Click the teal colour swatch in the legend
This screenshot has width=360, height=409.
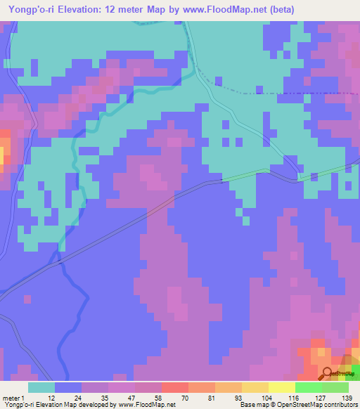coord(41,387)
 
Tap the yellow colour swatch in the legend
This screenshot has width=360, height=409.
coord(281,387)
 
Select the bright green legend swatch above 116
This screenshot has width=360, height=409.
coord(307,387)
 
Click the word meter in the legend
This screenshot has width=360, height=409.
coord(11,397)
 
